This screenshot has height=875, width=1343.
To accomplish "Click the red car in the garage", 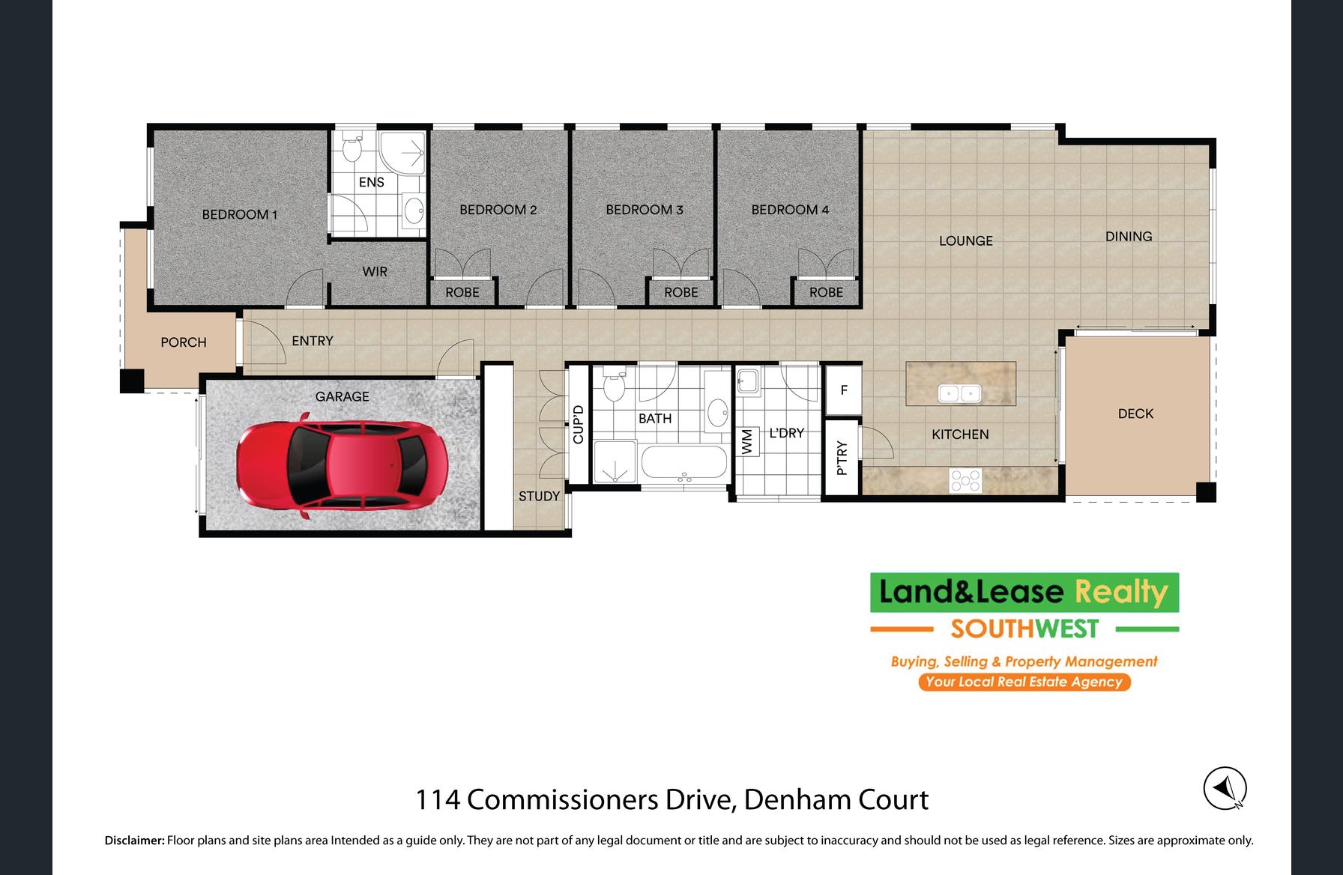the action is click(342, 465).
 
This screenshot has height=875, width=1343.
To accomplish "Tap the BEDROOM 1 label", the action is click(239, 214).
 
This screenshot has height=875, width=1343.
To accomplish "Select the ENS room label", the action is click(371, 182).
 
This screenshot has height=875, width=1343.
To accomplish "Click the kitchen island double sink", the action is click(960, 393).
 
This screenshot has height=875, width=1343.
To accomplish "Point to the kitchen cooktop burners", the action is click(965, 480).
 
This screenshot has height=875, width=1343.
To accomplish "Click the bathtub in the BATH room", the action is click(684, 463).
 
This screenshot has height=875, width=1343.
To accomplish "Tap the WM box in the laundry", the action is click(747, 441).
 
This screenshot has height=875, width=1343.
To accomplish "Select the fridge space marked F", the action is click(844, 390).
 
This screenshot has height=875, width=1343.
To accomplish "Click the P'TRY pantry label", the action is click(842, 458).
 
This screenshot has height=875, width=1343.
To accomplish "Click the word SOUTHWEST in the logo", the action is click(1024, 629).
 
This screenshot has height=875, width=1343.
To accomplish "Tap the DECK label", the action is click(1135, 414).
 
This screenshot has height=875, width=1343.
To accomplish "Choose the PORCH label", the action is click(183, 342).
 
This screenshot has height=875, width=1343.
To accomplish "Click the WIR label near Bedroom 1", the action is click(375, 271).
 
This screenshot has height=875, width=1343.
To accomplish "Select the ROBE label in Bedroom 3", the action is click(680, 292).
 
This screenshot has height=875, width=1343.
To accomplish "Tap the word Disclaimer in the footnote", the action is click(134, 841).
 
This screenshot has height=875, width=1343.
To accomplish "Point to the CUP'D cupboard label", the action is click(578, 425).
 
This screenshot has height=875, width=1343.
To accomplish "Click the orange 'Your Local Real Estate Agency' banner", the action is click(1024, 682).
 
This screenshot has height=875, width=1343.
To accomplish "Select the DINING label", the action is click(1129, 236).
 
